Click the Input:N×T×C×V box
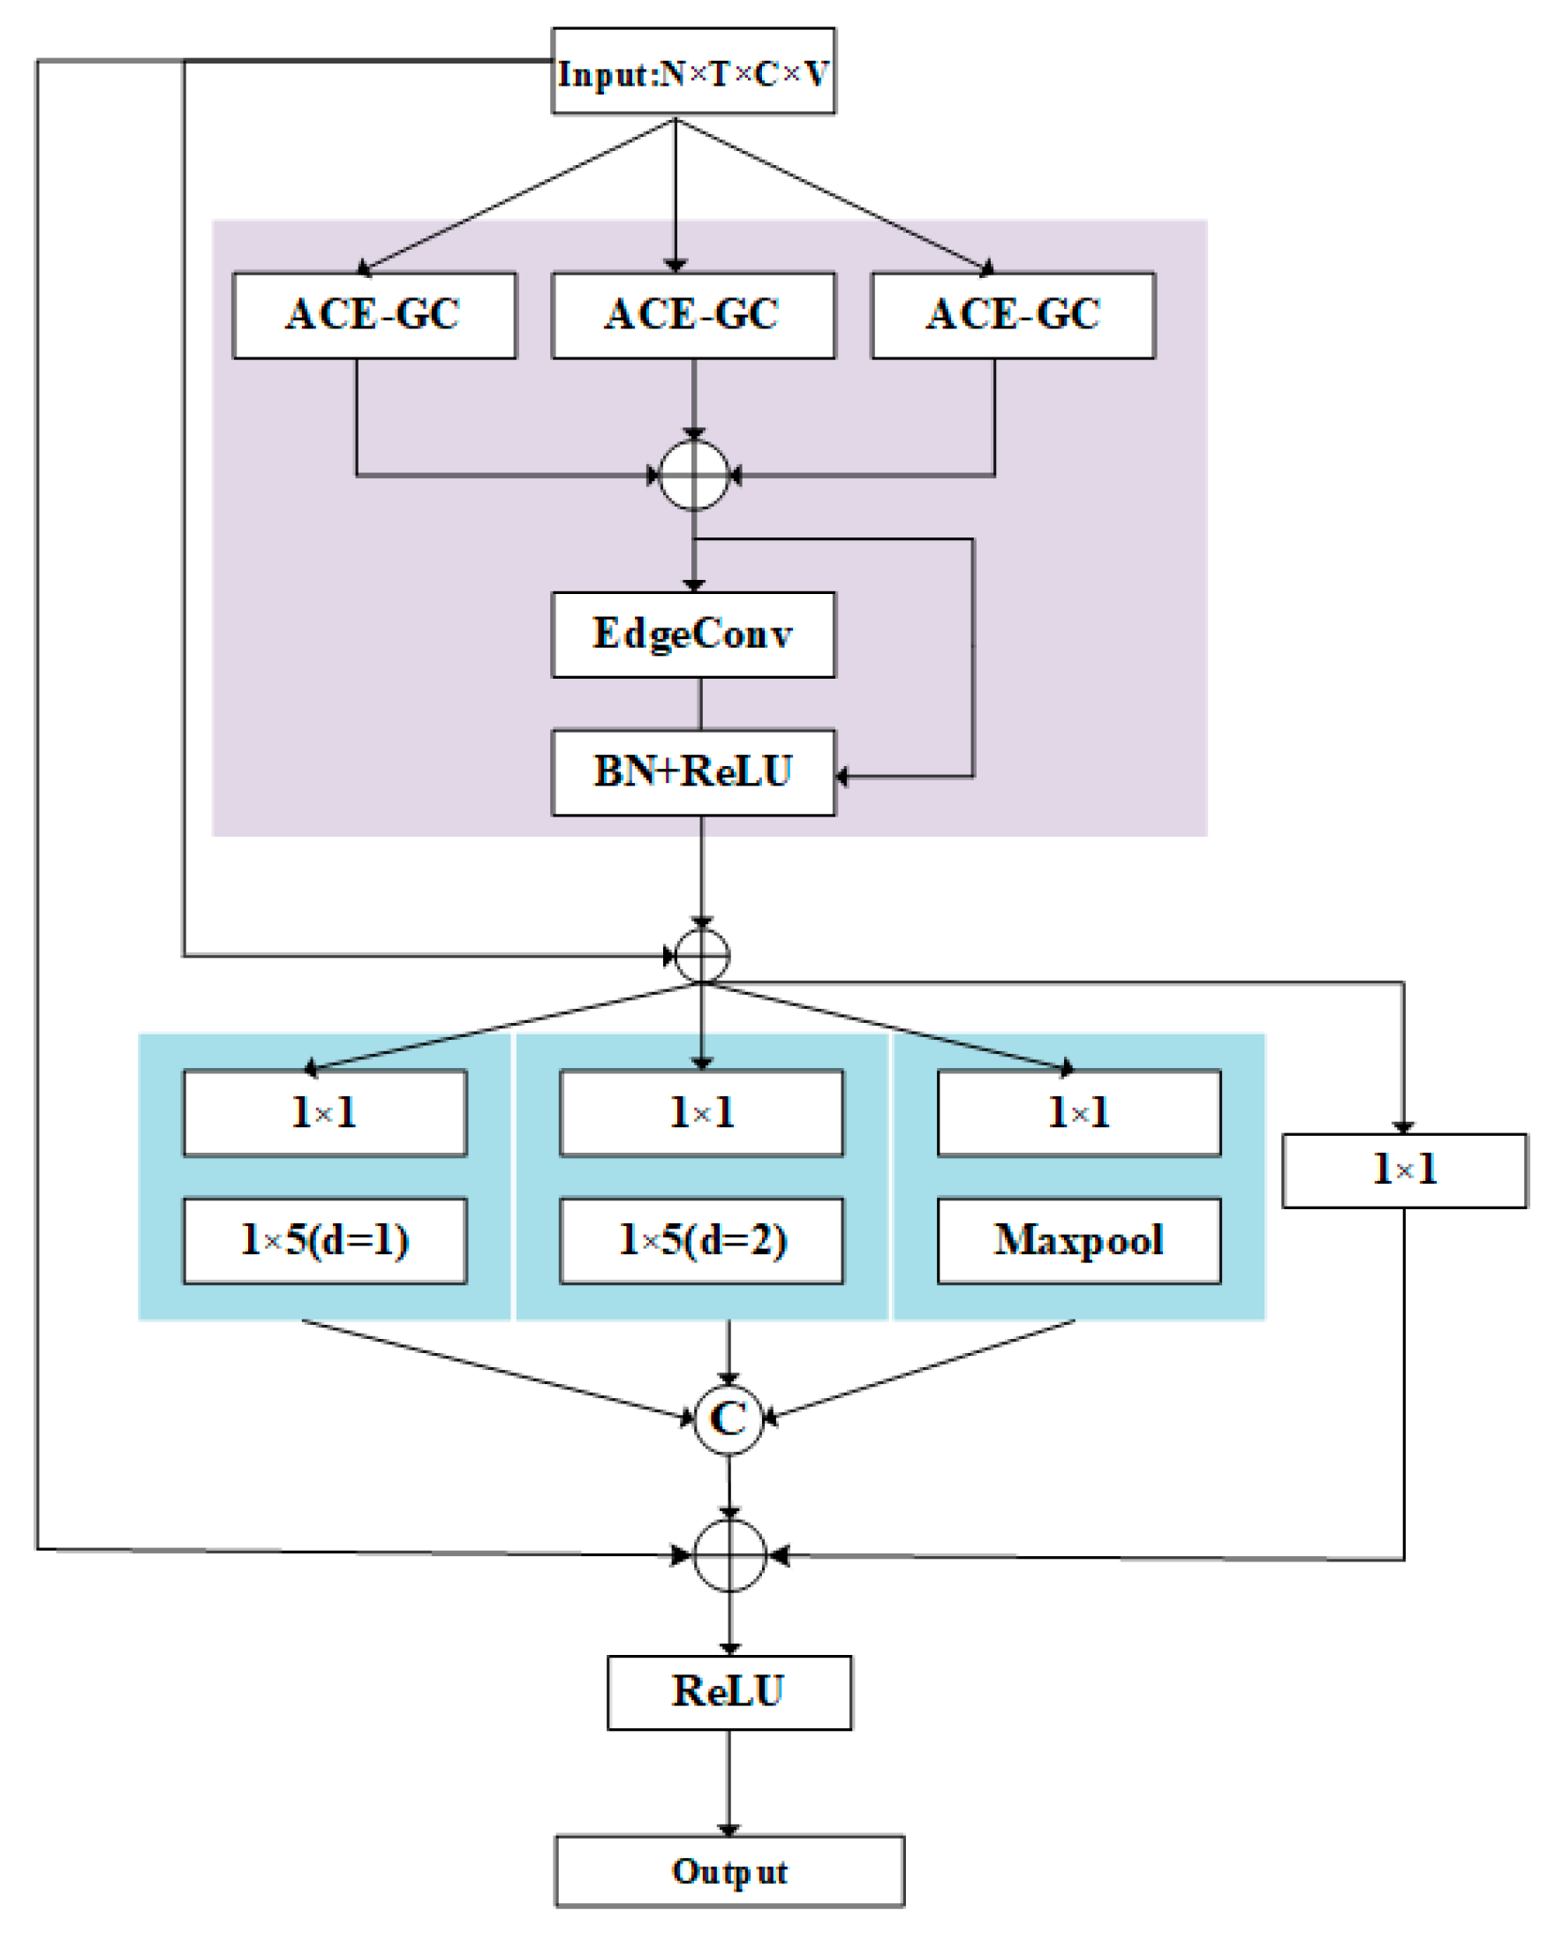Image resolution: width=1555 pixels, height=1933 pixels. coord(692,71)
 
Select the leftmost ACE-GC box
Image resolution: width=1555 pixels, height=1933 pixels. coord(374,315)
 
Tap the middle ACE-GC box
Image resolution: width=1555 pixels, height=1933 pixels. coord(692,315)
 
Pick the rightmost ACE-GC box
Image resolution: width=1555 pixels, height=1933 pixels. coord(1013,315)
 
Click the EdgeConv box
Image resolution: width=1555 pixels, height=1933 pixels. coord(692,634)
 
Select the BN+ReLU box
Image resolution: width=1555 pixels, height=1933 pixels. coord(692,771)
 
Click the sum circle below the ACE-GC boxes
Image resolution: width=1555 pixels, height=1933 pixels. coord(693,475)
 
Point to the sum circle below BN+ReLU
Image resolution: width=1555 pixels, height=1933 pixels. coord(701,955)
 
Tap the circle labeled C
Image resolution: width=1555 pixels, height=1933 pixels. coord(728,1418)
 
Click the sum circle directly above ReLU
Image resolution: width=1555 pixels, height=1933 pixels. coord(729,1555)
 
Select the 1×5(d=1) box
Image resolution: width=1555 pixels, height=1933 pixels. coord(325,1240)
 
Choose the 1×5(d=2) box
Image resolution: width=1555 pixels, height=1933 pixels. coord(701,1240)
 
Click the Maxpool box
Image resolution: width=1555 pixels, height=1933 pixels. coord(1078,1240)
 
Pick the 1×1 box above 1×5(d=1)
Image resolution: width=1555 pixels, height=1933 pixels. coord(325,1112)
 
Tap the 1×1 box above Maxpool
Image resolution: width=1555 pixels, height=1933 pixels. coord(1078,1112)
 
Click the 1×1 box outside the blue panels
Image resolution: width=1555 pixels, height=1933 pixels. coord(1403,1170)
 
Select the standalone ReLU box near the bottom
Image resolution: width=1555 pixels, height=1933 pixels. coord(728,1691)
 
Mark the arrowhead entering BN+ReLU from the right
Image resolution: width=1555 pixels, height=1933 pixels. coord(842,776)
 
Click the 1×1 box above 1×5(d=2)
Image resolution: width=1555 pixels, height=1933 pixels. coord(701,1112)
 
